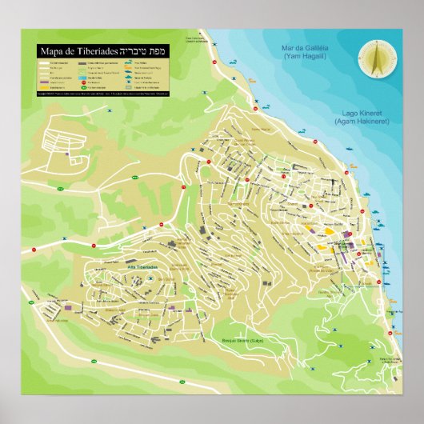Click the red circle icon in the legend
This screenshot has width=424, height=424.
tap(83, 82)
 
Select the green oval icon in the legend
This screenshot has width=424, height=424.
tap(83, 87)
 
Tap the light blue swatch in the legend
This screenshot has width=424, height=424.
tap(83, 78)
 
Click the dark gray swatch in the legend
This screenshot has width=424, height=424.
tap(83, 63)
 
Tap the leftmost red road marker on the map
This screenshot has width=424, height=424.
tap(33, 250)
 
